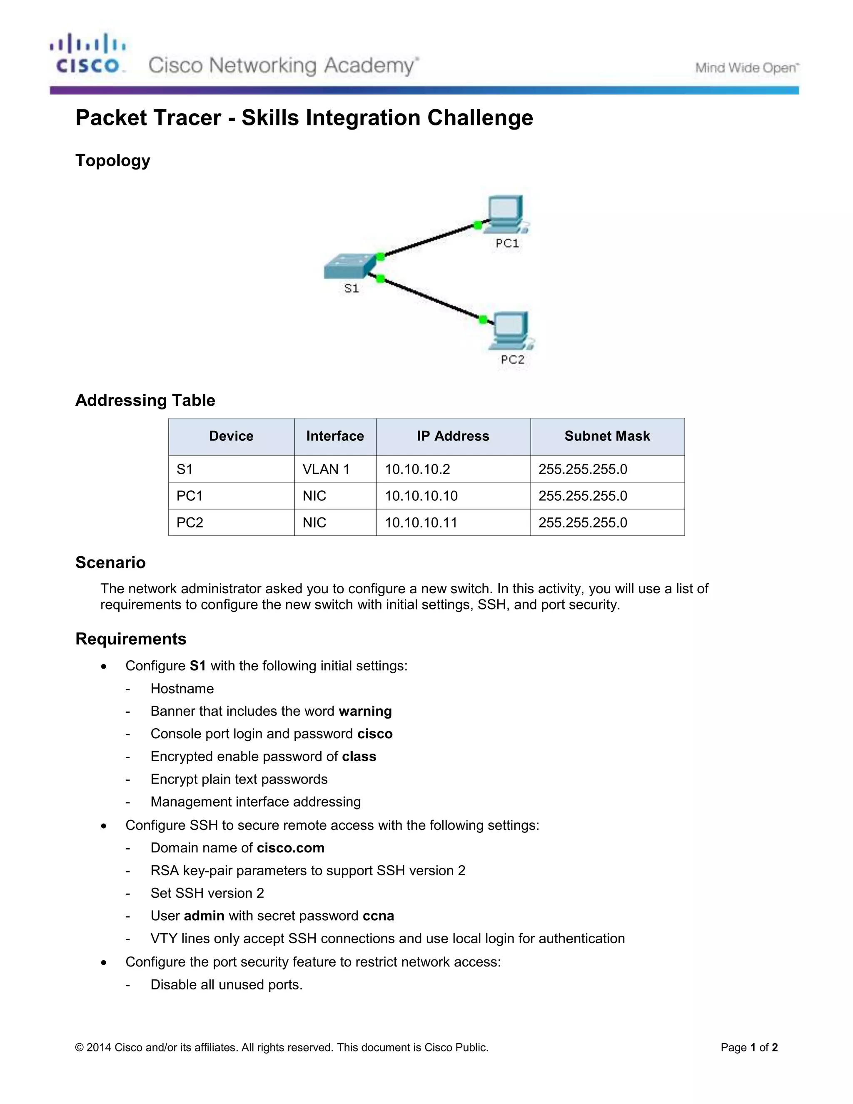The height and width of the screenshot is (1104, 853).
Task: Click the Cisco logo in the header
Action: point(87,54)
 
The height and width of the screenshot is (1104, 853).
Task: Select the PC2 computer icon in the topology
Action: point(512,331)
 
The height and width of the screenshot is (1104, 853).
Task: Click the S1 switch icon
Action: point(350,266)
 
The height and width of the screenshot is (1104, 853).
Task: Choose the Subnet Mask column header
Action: point(607,436)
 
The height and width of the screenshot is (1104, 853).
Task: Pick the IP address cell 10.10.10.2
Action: point(417,469)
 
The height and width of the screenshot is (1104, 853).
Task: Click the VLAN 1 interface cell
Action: point(326,469)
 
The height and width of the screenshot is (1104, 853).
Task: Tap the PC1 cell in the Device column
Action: point(190,496)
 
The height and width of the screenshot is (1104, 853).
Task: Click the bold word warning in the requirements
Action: point(365,711)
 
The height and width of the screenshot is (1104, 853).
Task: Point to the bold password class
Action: point(359,756)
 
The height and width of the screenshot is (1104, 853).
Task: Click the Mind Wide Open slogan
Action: point(746,68)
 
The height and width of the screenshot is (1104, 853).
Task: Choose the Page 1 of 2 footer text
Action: point(749,1047)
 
